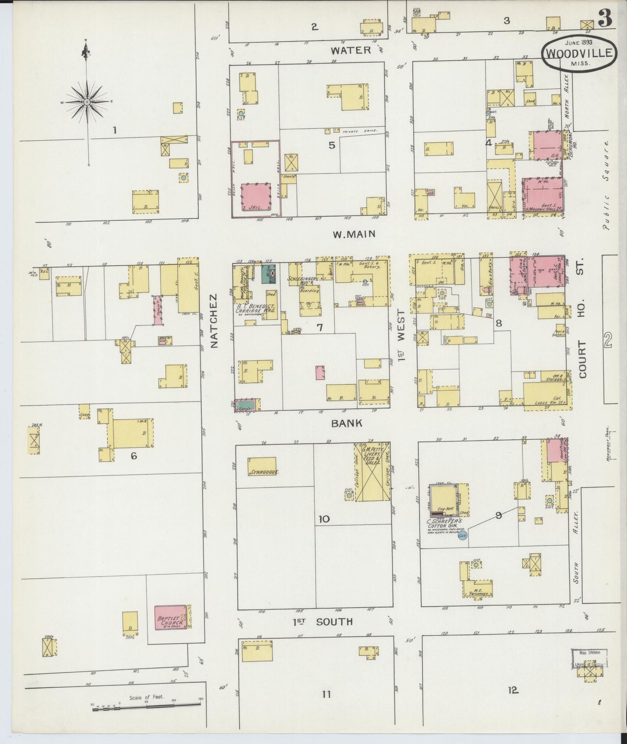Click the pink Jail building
(256, 196)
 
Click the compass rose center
(87, 102)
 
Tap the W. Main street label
(354, 235)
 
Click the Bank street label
(347, 423)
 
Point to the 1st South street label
(322, 622)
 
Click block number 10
(324, 519)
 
